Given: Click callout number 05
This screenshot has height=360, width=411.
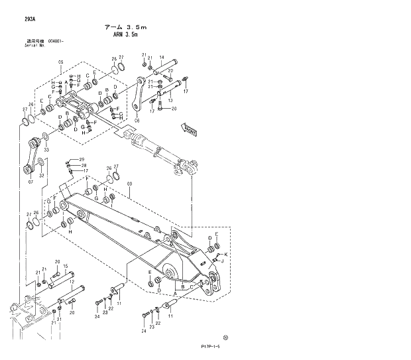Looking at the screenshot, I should (x=60, y=62).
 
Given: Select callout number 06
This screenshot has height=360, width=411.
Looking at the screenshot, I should (x=137, y=121).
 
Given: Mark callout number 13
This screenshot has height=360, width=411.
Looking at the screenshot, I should (x=170, y=100).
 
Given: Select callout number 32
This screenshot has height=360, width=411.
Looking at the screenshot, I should (x=41, y=176).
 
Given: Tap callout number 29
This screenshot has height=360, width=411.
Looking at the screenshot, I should (x=83, y=159).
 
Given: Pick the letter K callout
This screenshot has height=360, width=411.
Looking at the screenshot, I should (x=226, y=255).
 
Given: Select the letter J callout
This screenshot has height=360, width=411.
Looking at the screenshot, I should (x=222, y=261).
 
